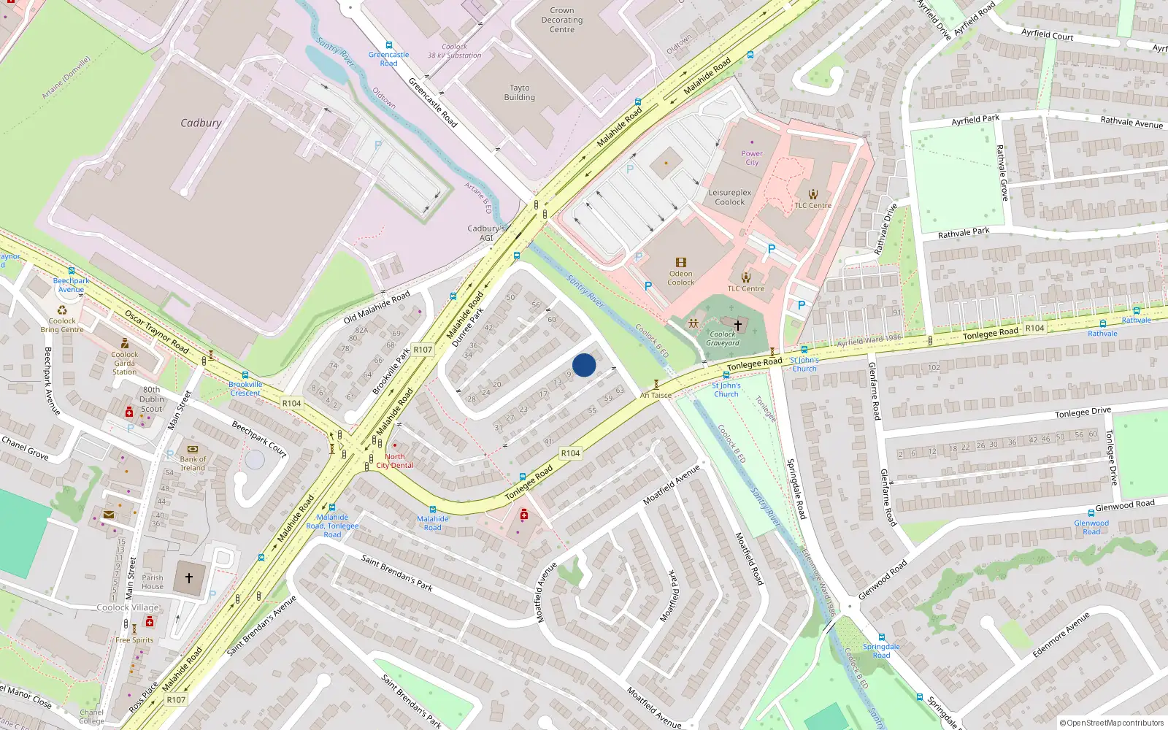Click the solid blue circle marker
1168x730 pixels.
point(584,365)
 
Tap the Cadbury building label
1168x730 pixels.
point(201,123)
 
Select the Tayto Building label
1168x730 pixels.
point(519,93)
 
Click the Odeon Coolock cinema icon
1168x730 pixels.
point(680,263)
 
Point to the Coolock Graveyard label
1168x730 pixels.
point(723,339)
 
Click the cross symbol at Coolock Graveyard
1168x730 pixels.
point(737,326)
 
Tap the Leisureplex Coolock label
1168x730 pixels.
point(729,198)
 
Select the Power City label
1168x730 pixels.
point(752,158)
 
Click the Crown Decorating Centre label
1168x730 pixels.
point(562,20)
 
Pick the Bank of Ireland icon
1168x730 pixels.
point(193,450)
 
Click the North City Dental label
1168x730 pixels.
point(395,461)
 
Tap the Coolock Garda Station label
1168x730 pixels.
point(124,363)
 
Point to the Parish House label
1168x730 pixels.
point(153,582)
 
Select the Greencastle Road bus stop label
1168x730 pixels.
point(388,59)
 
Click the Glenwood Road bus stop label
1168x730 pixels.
point(1091,527)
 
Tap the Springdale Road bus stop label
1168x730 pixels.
point(881,650)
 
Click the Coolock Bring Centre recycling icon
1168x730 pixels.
point(62,310)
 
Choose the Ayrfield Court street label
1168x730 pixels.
point(1047,34)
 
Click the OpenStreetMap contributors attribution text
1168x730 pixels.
point(1111,723)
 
